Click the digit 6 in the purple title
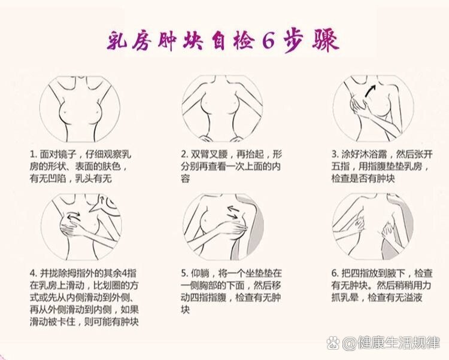pyautogui.click(x=268, y=42)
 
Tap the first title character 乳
pyautogui.click(x=118, y=42)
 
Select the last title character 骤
pyautogui.click(x=326, y=42)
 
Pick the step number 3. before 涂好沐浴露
pyautogui.click(x=335, y=155)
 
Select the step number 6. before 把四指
pyautogui.click(x=335, y=273)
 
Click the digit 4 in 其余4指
pyautogui.click(x=124, y=273)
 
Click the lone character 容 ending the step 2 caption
pyautogui.click(x=185, y=179)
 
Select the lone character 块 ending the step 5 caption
pyautogui.click(x=185, y=310)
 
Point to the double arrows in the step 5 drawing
pyautogui.click(x=234, y=212)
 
